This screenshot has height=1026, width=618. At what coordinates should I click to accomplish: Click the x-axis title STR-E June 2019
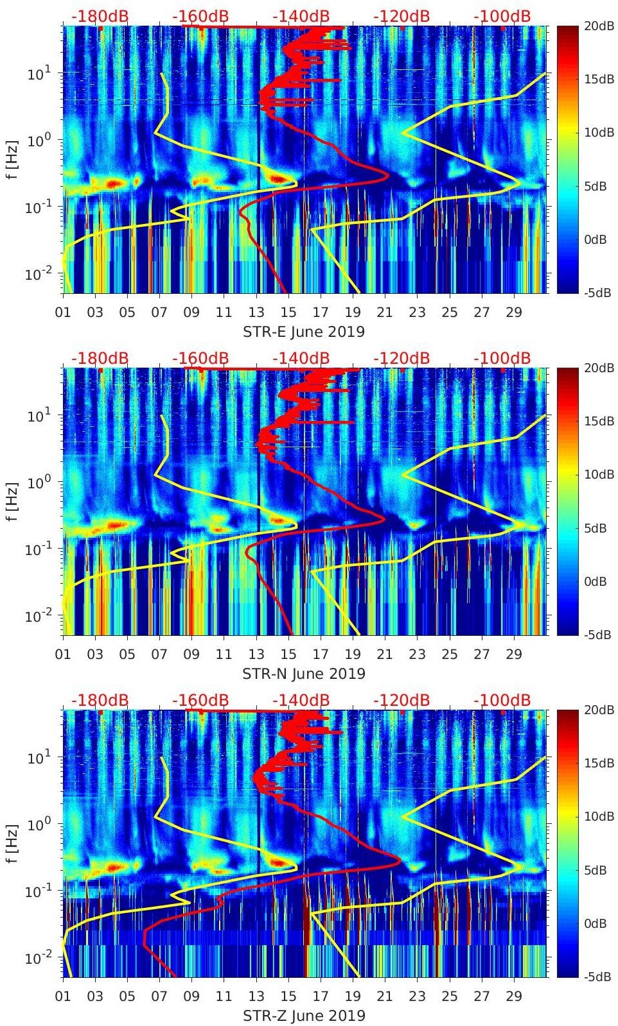point(303,332)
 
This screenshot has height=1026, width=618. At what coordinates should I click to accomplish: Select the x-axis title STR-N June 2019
point(303,674)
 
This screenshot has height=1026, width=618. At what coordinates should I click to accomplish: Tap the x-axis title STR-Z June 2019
point(303,1016)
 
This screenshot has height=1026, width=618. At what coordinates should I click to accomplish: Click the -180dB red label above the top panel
point(100,16)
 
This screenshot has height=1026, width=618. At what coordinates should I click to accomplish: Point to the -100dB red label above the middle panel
point(502,358)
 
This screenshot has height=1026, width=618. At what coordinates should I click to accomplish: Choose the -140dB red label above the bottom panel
point(301,700)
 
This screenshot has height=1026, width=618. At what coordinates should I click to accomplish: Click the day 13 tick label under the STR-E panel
point(256,312)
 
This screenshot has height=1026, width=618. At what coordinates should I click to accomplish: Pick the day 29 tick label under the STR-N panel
point(514,654)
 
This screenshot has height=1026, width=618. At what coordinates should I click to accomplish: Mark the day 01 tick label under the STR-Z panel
point(63,996)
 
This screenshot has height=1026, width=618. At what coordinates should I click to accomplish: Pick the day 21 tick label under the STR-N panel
point(385,654)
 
